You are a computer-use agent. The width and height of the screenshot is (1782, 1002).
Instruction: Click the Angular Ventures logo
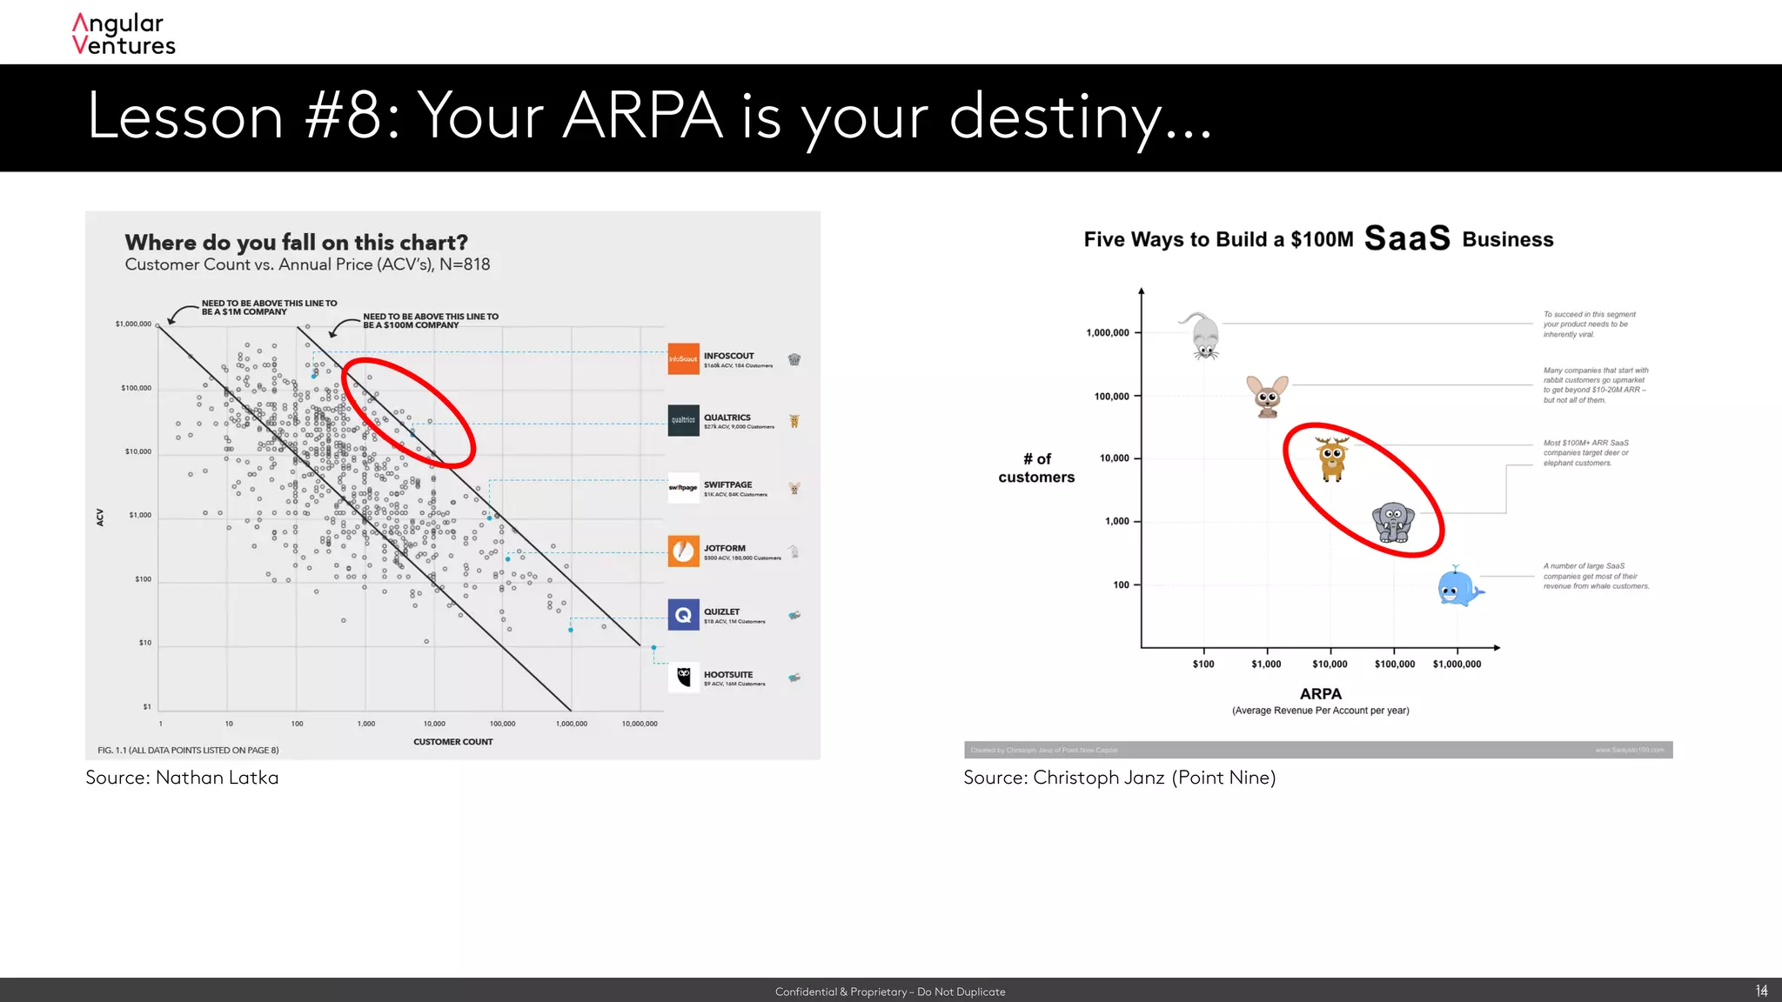click(124, 35)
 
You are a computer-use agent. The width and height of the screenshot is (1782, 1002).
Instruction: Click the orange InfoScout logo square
click(683, 358)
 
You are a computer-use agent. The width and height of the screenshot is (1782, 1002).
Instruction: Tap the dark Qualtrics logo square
click(683, 420)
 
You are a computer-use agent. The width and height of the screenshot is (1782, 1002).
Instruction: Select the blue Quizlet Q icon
click(683, 615)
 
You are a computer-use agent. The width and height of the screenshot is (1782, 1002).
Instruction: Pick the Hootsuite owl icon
click(683, 676)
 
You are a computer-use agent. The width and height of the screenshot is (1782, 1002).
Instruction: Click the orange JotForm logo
click(683, 551)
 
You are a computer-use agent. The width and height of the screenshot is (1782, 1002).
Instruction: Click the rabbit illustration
click(1267, 396)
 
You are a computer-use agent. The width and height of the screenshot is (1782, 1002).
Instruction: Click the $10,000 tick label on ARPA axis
click(1330, 665)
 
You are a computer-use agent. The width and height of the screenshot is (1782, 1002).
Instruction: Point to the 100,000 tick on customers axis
click(1111, 397)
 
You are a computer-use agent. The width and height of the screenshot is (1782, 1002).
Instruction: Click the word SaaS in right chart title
click(1407, 238)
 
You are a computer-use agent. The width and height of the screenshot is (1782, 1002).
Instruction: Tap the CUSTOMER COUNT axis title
click(452, 742)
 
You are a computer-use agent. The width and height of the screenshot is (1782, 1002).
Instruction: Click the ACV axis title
click(100, 518)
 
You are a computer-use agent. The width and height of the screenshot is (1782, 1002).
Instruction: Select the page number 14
click(1761, 991)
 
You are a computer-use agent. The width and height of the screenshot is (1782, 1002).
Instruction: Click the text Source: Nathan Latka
click(182, 778)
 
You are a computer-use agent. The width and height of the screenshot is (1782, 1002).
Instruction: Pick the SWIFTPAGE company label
click(727, 485)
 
